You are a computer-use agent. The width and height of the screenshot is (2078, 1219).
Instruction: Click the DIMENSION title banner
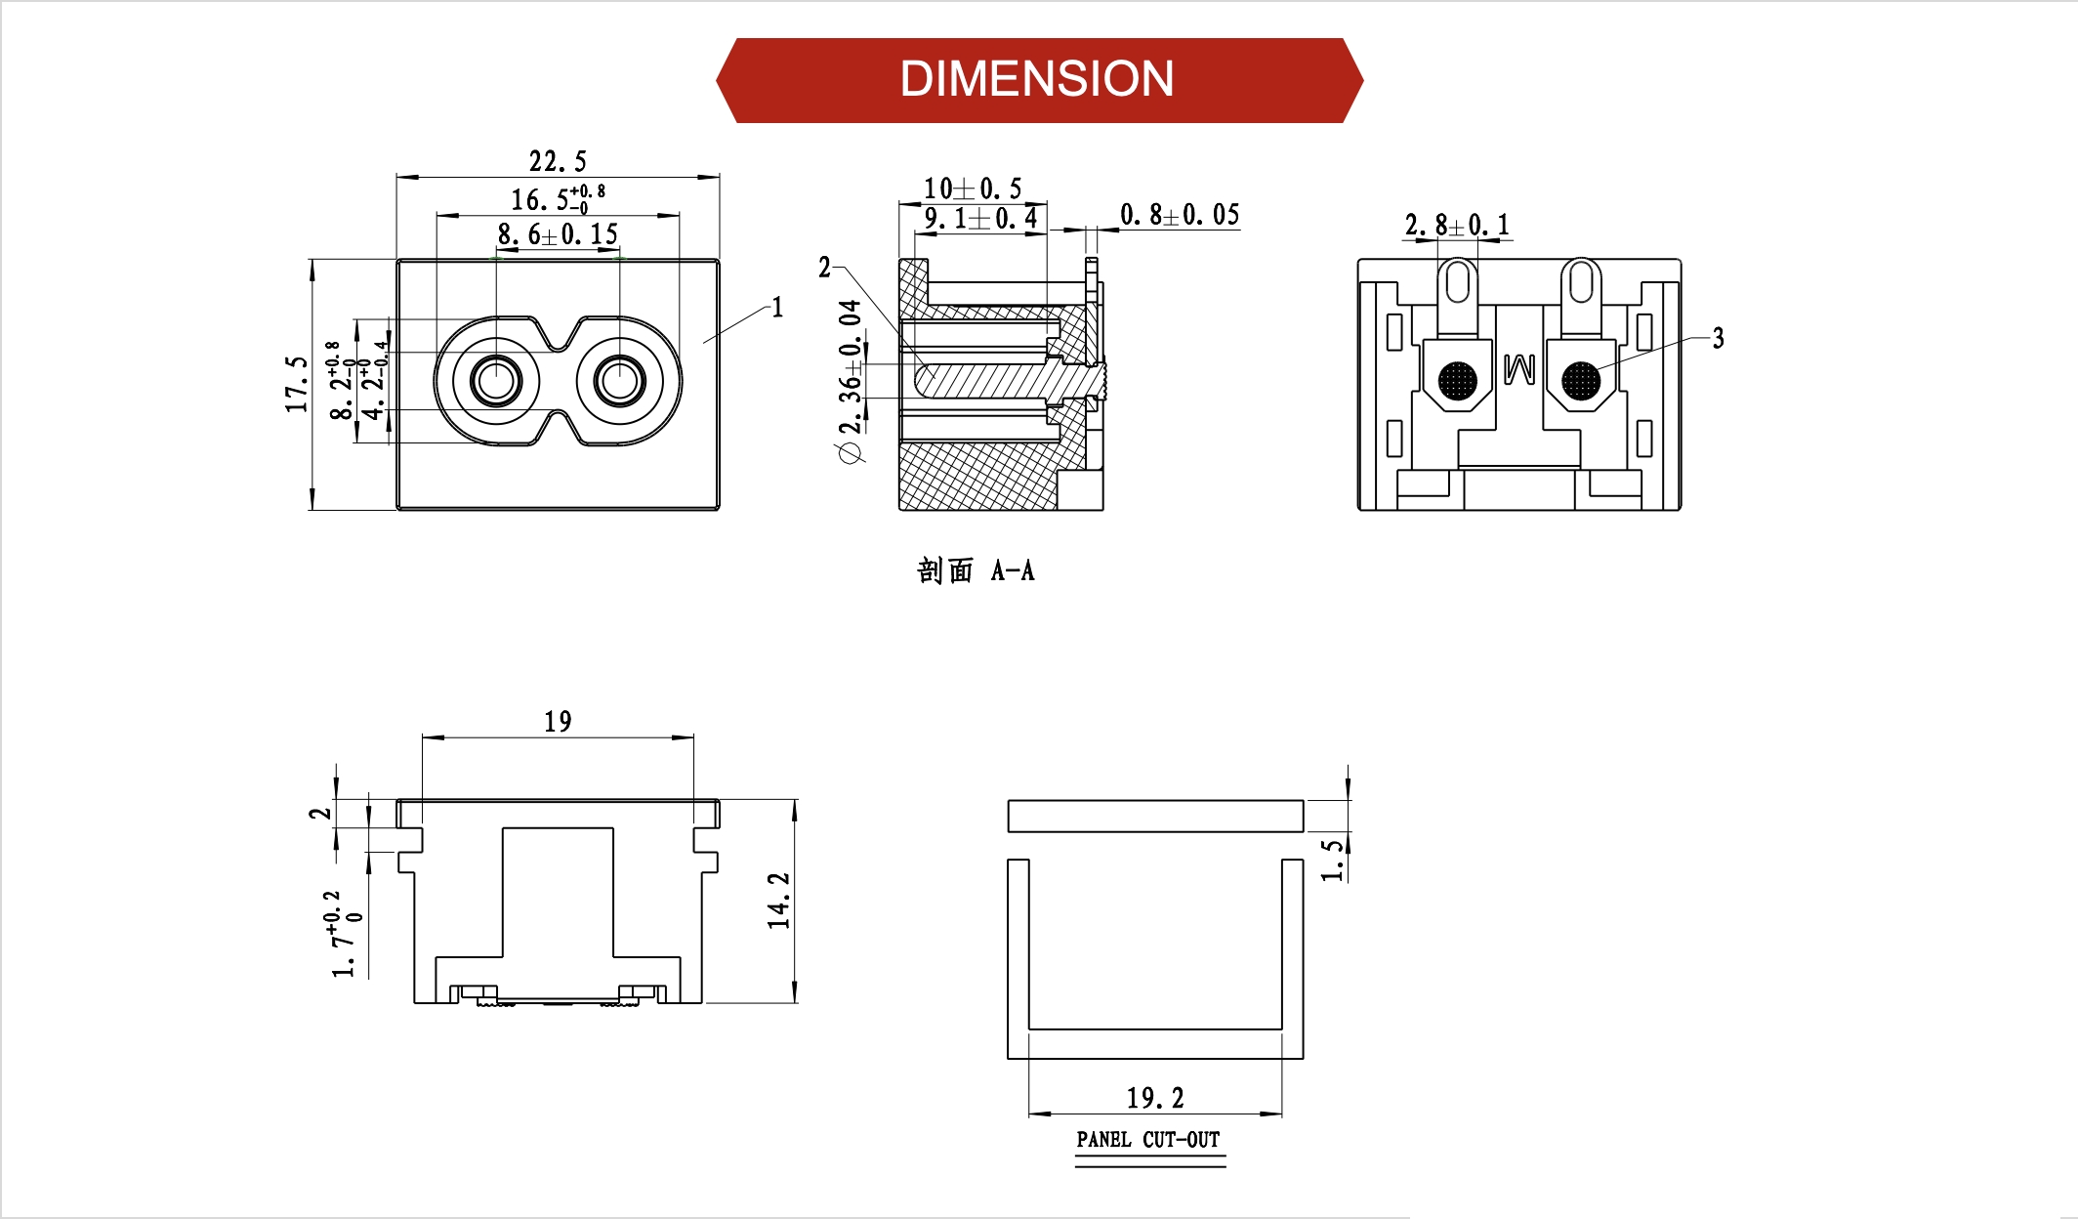1037,79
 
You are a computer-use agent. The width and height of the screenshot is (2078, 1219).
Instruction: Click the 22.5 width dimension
558,161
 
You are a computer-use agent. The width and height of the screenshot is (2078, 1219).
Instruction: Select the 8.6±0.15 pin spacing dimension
558,234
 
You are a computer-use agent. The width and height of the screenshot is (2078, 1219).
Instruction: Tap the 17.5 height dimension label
297,383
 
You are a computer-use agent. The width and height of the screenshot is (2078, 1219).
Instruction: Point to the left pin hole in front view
496,379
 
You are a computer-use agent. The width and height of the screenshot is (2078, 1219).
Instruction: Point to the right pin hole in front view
619,379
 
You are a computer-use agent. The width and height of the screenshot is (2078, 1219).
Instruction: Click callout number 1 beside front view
777,308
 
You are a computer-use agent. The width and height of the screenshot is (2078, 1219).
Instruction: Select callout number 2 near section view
825,268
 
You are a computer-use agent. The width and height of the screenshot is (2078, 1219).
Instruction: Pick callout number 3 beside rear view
1718,339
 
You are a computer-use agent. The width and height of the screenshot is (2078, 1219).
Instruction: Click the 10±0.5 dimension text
973,188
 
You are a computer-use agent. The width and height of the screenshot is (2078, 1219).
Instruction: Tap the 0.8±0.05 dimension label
1180,215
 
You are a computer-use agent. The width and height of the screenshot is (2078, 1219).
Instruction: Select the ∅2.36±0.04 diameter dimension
851,381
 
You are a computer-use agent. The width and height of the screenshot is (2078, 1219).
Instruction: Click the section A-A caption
975,570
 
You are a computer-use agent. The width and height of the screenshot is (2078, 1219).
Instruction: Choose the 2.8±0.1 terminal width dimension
1457,226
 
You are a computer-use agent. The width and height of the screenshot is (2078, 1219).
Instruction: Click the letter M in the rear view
1519,368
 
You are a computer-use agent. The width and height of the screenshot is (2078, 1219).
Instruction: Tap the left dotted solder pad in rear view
1458,380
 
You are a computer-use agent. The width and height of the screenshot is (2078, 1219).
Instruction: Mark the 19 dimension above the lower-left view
558,722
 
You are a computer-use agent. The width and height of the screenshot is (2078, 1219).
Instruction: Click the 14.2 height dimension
778,900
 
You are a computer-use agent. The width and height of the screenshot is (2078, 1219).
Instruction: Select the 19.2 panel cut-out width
1155,1098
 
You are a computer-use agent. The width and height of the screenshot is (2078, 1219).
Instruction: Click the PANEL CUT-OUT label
1148,1140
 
